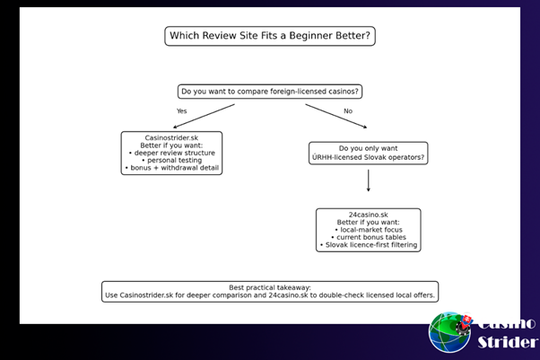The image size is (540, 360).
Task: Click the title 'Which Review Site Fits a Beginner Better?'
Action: point(269,36)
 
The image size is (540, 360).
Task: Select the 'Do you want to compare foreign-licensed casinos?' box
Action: point(270,91)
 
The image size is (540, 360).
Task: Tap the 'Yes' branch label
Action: point(182,111)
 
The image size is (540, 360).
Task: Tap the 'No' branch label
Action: point(348,111)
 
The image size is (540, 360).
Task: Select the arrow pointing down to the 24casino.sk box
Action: point(368,181)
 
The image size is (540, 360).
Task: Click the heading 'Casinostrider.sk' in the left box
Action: point(171,137)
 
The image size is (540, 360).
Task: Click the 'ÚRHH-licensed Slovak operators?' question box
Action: point(368,153)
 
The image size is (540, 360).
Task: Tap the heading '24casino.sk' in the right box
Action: point(368,215)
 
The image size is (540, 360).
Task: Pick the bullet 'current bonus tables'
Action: point(368,237)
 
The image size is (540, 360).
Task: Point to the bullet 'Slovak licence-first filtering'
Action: point(368,245)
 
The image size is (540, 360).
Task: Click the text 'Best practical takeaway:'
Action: point(270,287)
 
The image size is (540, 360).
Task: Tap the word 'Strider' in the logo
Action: point(507,342)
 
